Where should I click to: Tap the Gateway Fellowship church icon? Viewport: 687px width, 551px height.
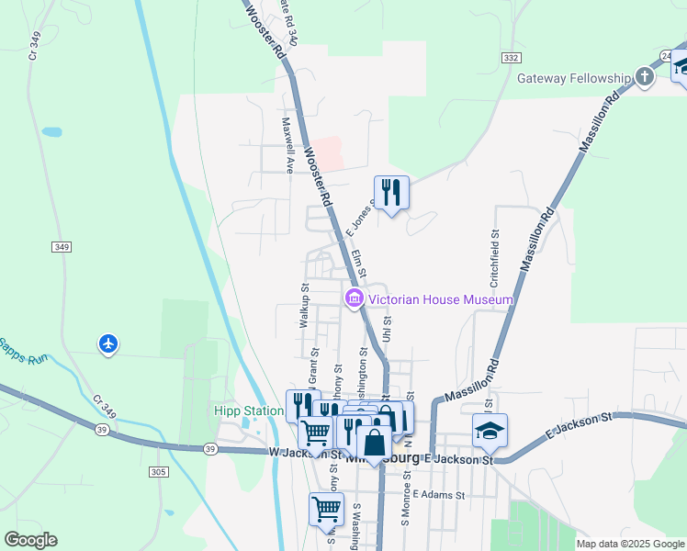coord(645,77)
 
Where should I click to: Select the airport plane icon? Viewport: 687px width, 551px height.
coord(108,344)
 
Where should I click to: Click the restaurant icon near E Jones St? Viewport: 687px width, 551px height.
coord(392,193)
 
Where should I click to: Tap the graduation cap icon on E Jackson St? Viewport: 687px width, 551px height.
coord(490,430)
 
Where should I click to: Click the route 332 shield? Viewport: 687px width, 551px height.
coord(512,57)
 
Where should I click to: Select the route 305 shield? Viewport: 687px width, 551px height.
coord(158,472)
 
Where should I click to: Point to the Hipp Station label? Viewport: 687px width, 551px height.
coord(248,410)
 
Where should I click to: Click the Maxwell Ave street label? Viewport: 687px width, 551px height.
coord(287,145)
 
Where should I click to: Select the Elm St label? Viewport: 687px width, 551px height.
coord(358,264)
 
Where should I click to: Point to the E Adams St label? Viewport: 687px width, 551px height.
coord(440,494)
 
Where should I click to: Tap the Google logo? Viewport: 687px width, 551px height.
coord(30,540)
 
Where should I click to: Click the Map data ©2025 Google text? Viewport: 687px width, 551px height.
coord(631,544)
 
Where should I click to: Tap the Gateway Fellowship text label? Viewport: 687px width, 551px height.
coord(575,78)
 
